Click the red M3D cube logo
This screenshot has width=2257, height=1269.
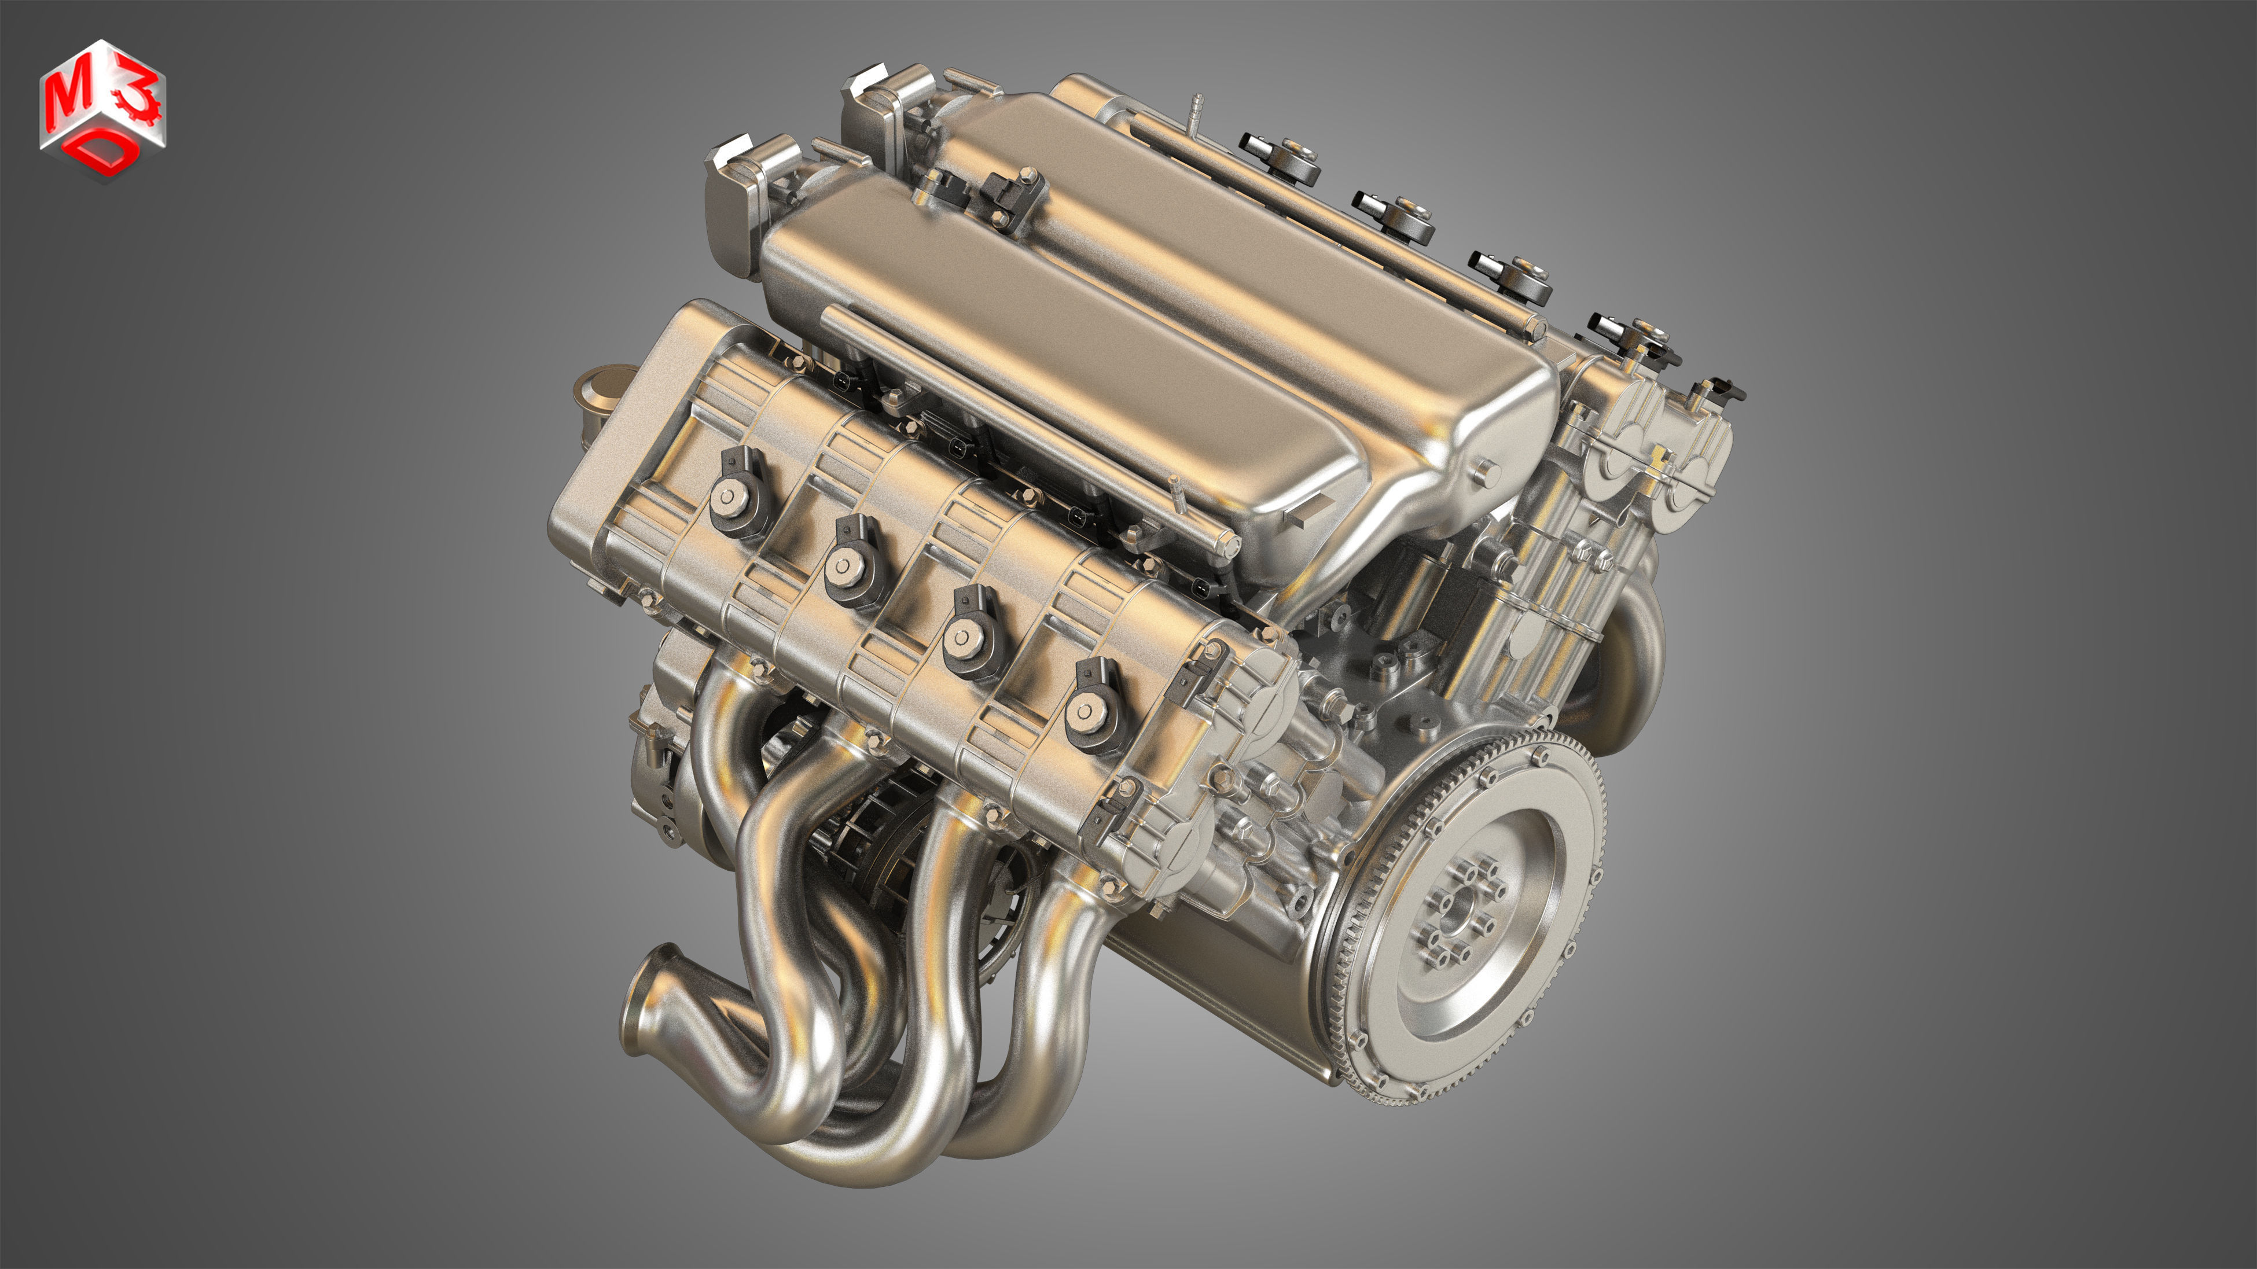(102, 109)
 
